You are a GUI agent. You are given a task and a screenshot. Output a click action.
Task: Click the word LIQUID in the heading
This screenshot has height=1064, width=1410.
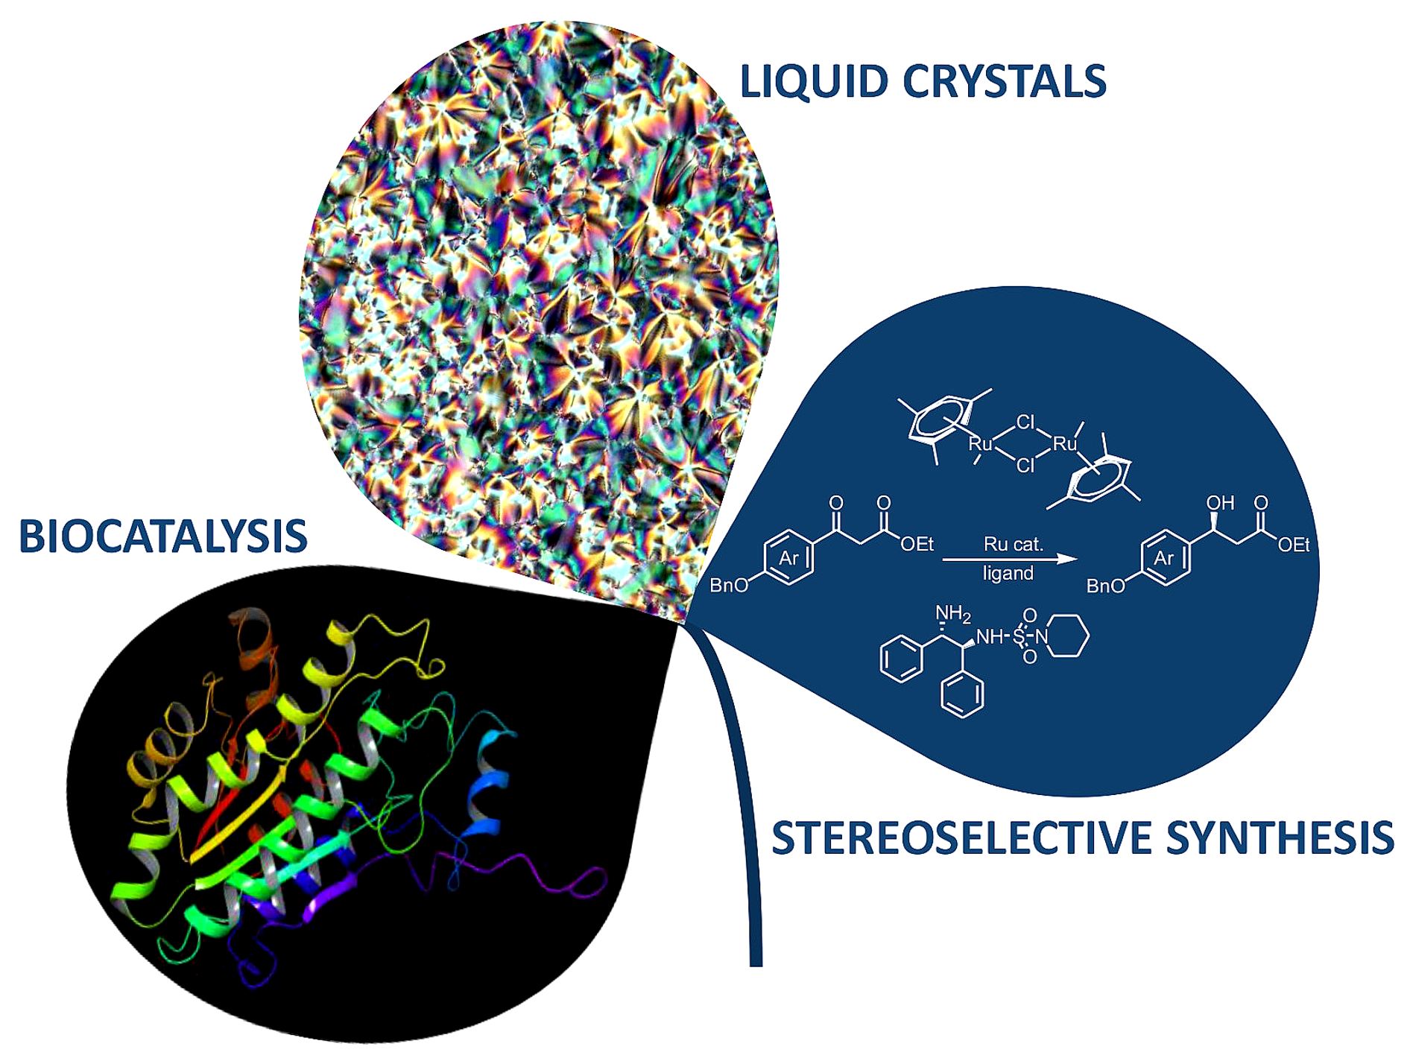click(814, 82)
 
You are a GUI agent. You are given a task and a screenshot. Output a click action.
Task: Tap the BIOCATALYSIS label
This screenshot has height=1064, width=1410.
click(163, 536)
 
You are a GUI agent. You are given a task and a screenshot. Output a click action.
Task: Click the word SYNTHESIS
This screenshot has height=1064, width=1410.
click(1280, 838)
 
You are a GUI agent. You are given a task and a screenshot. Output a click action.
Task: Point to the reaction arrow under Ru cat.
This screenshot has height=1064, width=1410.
click(1010, 559)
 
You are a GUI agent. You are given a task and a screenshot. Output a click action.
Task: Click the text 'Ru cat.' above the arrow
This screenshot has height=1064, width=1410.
click(1013, 544)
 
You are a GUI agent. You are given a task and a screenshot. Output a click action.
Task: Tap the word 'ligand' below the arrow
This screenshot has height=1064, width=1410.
click(1008, 574)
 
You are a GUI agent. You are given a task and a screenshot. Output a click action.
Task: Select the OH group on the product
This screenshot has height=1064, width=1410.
click(1220, 504)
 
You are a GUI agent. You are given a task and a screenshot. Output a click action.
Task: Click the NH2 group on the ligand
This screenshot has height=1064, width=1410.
click(952, 614)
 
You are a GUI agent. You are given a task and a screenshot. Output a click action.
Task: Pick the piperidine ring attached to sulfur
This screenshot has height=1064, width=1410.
click(1068, 636)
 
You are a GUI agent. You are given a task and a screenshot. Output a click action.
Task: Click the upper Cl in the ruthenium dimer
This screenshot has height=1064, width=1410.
click(1026, 422)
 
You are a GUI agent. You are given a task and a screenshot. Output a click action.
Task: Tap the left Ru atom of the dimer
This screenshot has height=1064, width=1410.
click(980, 444)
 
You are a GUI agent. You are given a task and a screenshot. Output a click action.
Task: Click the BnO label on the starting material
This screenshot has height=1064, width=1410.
click(728, 586)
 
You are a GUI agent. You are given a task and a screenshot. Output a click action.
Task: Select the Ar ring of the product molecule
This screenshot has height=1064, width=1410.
click(1164, 558)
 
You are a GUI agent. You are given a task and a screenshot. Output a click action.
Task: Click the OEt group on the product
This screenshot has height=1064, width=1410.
click(1294, 545)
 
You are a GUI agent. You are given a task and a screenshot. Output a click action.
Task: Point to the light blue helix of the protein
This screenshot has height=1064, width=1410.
click(488, 782)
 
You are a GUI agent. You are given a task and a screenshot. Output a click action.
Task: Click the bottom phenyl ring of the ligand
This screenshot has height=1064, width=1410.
click(962, 694)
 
